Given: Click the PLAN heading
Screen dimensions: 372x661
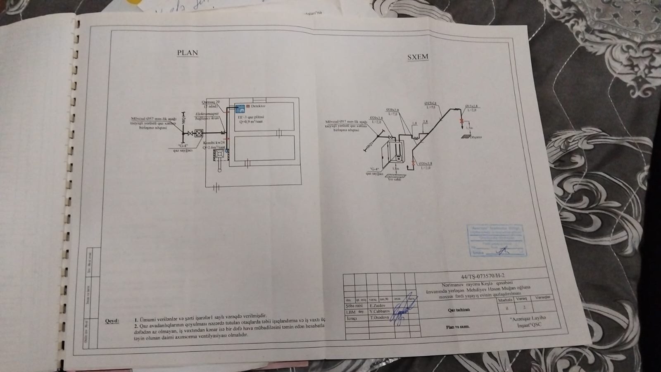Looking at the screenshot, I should pyautogui.click(x=187, y=53).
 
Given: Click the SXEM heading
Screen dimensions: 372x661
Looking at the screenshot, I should pyautogui.click(x=418, y=57).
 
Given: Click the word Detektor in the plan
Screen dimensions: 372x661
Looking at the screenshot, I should pyautogui.click(x=258, y=106).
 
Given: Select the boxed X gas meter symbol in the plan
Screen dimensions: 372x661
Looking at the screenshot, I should pyautogui.click(x=199, y=134).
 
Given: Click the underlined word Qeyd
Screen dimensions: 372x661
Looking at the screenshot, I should pyautogui.click(x=112, y=321).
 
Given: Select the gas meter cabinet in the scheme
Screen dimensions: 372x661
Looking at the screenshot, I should pyautogui.click(x=394, y=153).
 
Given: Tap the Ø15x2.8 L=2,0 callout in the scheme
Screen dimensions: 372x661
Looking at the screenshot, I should pyautogui.click(x=472, y=108).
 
